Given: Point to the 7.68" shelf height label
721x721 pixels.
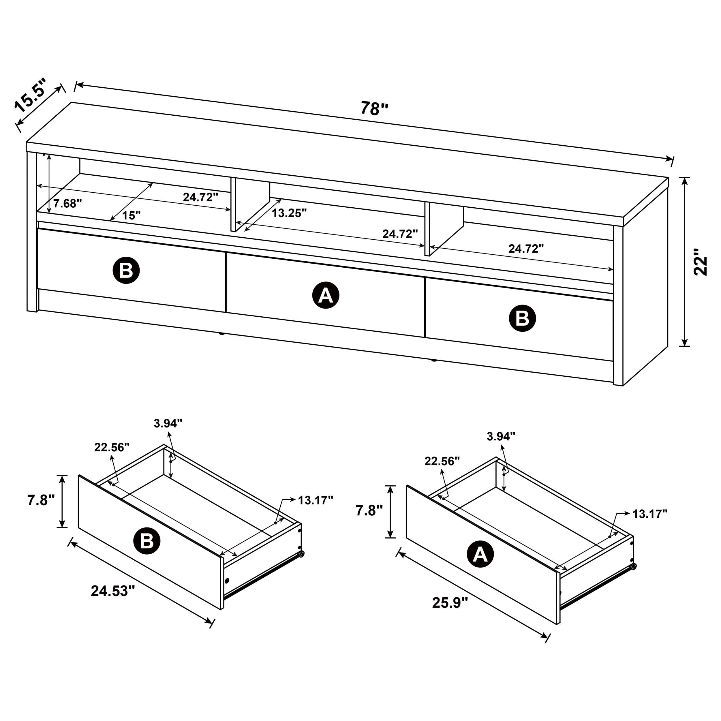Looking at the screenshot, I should [x=67, y=204].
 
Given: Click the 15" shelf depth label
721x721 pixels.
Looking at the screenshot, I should [x=131, y=215].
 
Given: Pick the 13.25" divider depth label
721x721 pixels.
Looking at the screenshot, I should [x=289, y=213].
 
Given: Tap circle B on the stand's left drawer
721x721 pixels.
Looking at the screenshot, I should [x=126, y=270].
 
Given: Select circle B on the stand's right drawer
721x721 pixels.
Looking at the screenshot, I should [x=522, y=318].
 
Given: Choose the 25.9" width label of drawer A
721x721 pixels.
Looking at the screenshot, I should [x=450, y=602].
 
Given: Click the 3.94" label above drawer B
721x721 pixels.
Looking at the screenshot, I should [x=168, y=423].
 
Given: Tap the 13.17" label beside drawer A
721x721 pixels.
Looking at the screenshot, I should [x=650, y=514].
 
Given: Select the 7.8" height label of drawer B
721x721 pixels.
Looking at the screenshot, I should [x=41, y=500].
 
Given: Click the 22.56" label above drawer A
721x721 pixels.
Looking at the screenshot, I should [x=442, y=461].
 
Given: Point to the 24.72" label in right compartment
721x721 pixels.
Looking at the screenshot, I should [x=526, y=249].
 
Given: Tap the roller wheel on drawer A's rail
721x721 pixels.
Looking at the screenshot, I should [x=633, y=566].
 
